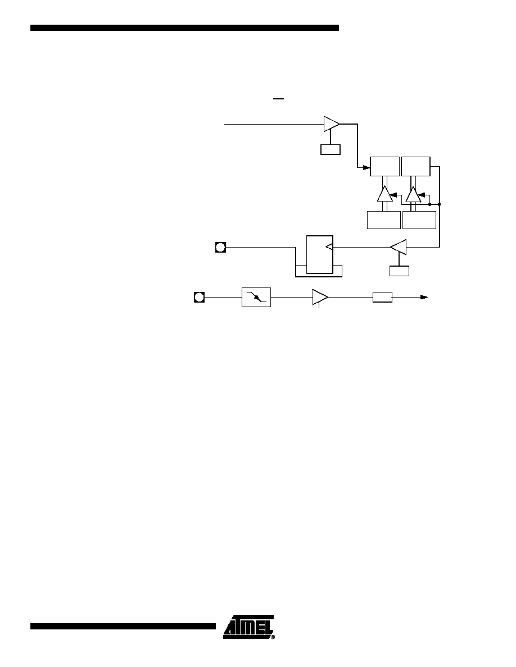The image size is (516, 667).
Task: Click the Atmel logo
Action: click(x=248, y=627)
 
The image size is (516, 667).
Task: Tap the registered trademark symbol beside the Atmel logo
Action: click(x=273, y=637)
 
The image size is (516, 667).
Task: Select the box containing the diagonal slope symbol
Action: click(x=256, y=297)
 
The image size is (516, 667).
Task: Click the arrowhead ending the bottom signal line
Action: click(x=424, y=297)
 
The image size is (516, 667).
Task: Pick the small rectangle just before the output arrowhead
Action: click(x=382, y=297)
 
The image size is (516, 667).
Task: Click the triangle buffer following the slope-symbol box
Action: click(x=320, y=297)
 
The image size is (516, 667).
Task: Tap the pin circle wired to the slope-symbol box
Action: click(x=199, y=297)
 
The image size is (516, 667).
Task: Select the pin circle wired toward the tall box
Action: click(x=220, y=247)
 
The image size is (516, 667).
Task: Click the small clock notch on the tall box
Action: click(x=329, y=246)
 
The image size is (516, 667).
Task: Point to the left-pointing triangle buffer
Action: click(x=399, y=246)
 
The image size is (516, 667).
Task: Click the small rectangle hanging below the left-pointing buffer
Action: click(x=399, y=271)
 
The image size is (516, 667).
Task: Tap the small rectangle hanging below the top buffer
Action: click(x=331, y=149)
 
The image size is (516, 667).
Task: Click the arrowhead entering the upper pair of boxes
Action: click(x=366, y=168)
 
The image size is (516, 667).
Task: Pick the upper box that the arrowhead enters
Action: click(x=385, y=166)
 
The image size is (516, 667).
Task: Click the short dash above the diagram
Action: click(x=278, y=99)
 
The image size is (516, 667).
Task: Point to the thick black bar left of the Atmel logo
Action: click(x=123, y=626)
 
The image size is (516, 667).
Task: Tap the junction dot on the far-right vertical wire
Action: click(x=440, y=204)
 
